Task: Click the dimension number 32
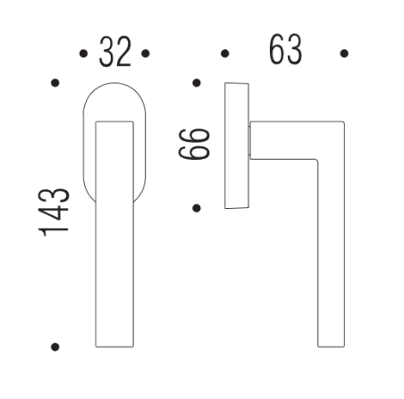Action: (115, 54)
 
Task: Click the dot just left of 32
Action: (83, 54)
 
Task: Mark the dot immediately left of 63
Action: (225, 54)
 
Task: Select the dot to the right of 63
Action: (345, 54)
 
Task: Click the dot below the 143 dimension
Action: (55, 345)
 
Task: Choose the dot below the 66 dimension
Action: (196, 208)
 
